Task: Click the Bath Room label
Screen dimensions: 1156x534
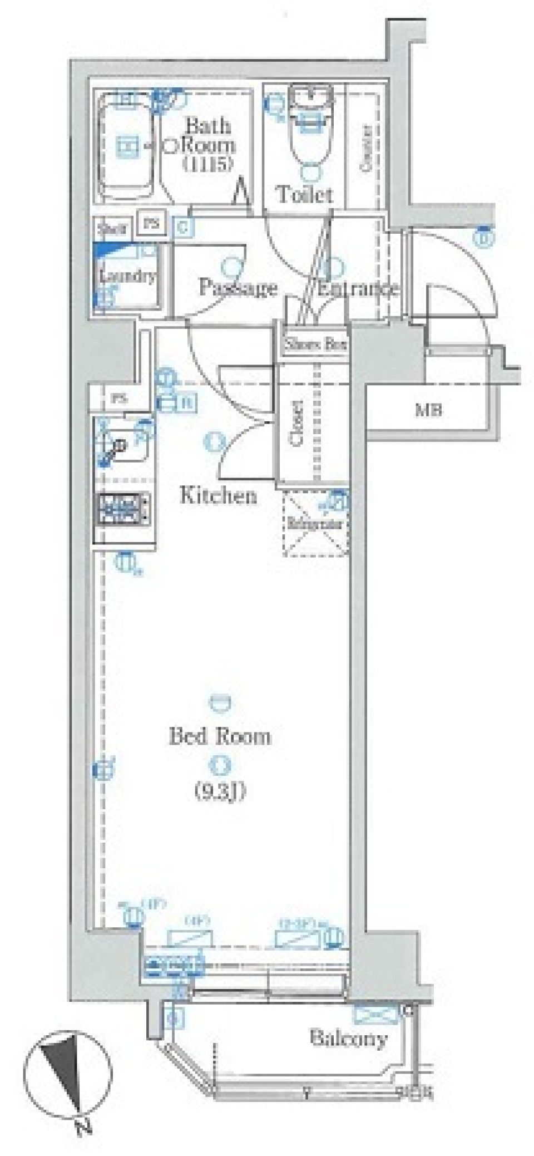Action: [x=209, y=135]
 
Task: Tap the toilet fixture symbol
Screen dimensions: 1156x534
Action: [x=310, y=136]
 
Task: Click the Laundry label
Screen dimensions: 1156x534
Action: [x=128, y=276]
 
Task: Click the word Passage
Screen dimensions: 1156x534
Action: [x=238, y=288]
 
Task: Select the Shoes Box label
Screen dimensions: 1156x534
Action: [x=315, y=345]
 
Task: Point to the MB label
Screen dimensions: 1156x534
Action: [x=428, y=411]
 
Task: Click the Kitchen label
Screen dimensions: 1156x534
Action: [x=218, y=495]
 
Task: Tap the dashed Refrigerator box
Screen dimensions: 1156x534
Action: [x=315, y=524]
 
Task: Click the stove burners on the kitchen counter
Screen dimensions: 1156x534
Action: [x=123, y=509]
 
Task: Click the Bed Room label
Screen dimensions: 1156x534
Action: [x=220, y=736]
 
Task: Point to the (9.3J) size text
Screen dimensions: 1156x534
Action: [x=220, y=790]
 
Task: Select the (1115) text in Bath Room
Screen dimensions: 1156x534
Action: [x=209, y=164]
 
